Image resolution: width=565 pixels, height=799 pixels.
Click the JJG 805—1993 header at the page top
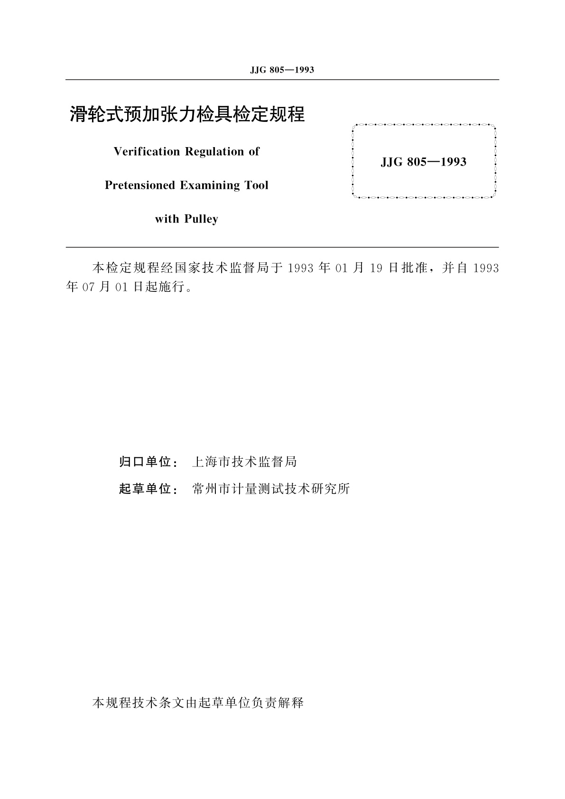tap(282, 70)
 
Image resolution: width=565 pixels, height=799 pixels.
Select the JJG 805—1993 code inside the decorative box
tap(423, 162)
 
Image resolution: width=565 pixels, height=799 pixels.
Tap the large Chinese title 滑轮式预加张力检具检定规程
tap(187, 114)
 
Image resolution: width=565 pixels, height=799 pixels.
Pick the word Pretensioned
tap(140, 186)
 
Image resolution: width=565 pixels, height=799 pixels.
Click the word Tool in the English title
tap(257, 186)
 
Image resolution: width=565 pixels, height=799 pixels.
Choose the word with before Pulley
tap(167, 219)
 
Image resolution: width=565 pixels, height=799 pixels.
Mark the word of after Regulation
tap(254, 152)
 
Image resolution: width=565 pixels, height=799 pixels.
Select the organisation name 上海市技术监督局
tap(244, 462)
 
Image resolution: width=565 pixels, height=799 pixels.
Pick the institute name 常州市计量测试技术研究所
tap(271, 489)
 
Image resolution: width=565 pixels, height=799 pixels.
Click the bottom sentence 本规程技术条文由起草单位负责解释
tap(197, 703)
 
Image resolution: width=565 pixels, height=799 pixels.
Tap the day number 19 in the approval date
tap(376, 269)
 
